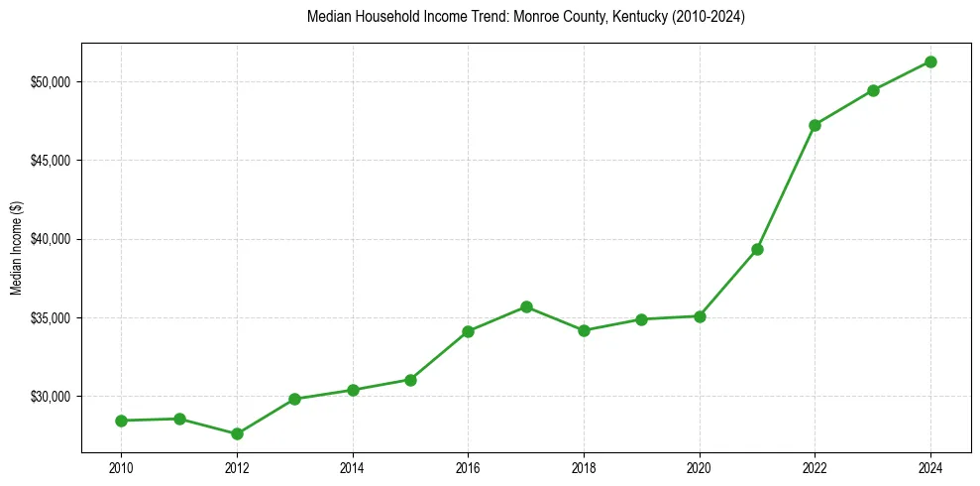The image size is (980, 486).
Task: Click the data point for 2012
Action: tap(237, 433)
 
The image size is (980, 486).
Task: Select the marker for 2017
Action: tap(526, 306)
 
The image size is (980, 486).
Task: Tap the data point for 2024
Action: tap(930, 61)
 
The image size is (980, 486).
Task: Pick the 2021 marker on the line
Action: tap(757, 249)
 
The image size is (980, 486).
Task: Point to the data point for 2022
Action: tap(815, 125)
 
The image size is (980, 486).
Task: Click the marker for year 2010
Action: tap(121, 421)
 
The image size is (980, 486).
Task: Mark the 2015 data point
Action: tap(410, 380)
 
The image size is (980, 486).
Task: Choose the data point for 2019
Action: tap(641, 319)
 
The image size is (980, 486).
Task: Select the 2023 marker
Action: tap(873, 90)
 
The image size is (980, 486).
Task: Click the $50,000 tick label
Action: tap(51, 81)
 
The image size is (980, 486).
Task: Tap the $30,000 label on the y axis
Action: tap(51, 397)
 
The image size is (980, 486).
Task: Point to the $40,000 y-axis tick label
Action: tap(51, 239)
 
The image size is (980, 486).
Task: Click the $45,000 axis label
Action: tap(51, 161)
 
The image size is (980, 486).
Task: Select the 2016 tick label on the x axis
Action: tap(468, 465)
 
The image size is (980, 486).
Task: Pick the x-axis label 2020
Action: tap(700, 465)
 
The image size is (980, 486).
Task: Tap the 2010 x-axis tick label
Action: tap(121, 465)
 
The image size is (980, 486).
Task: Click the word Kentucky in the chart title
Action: tap(613, 18)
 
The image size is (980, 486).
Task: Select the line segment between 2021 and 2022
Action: tap(786, 187)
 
